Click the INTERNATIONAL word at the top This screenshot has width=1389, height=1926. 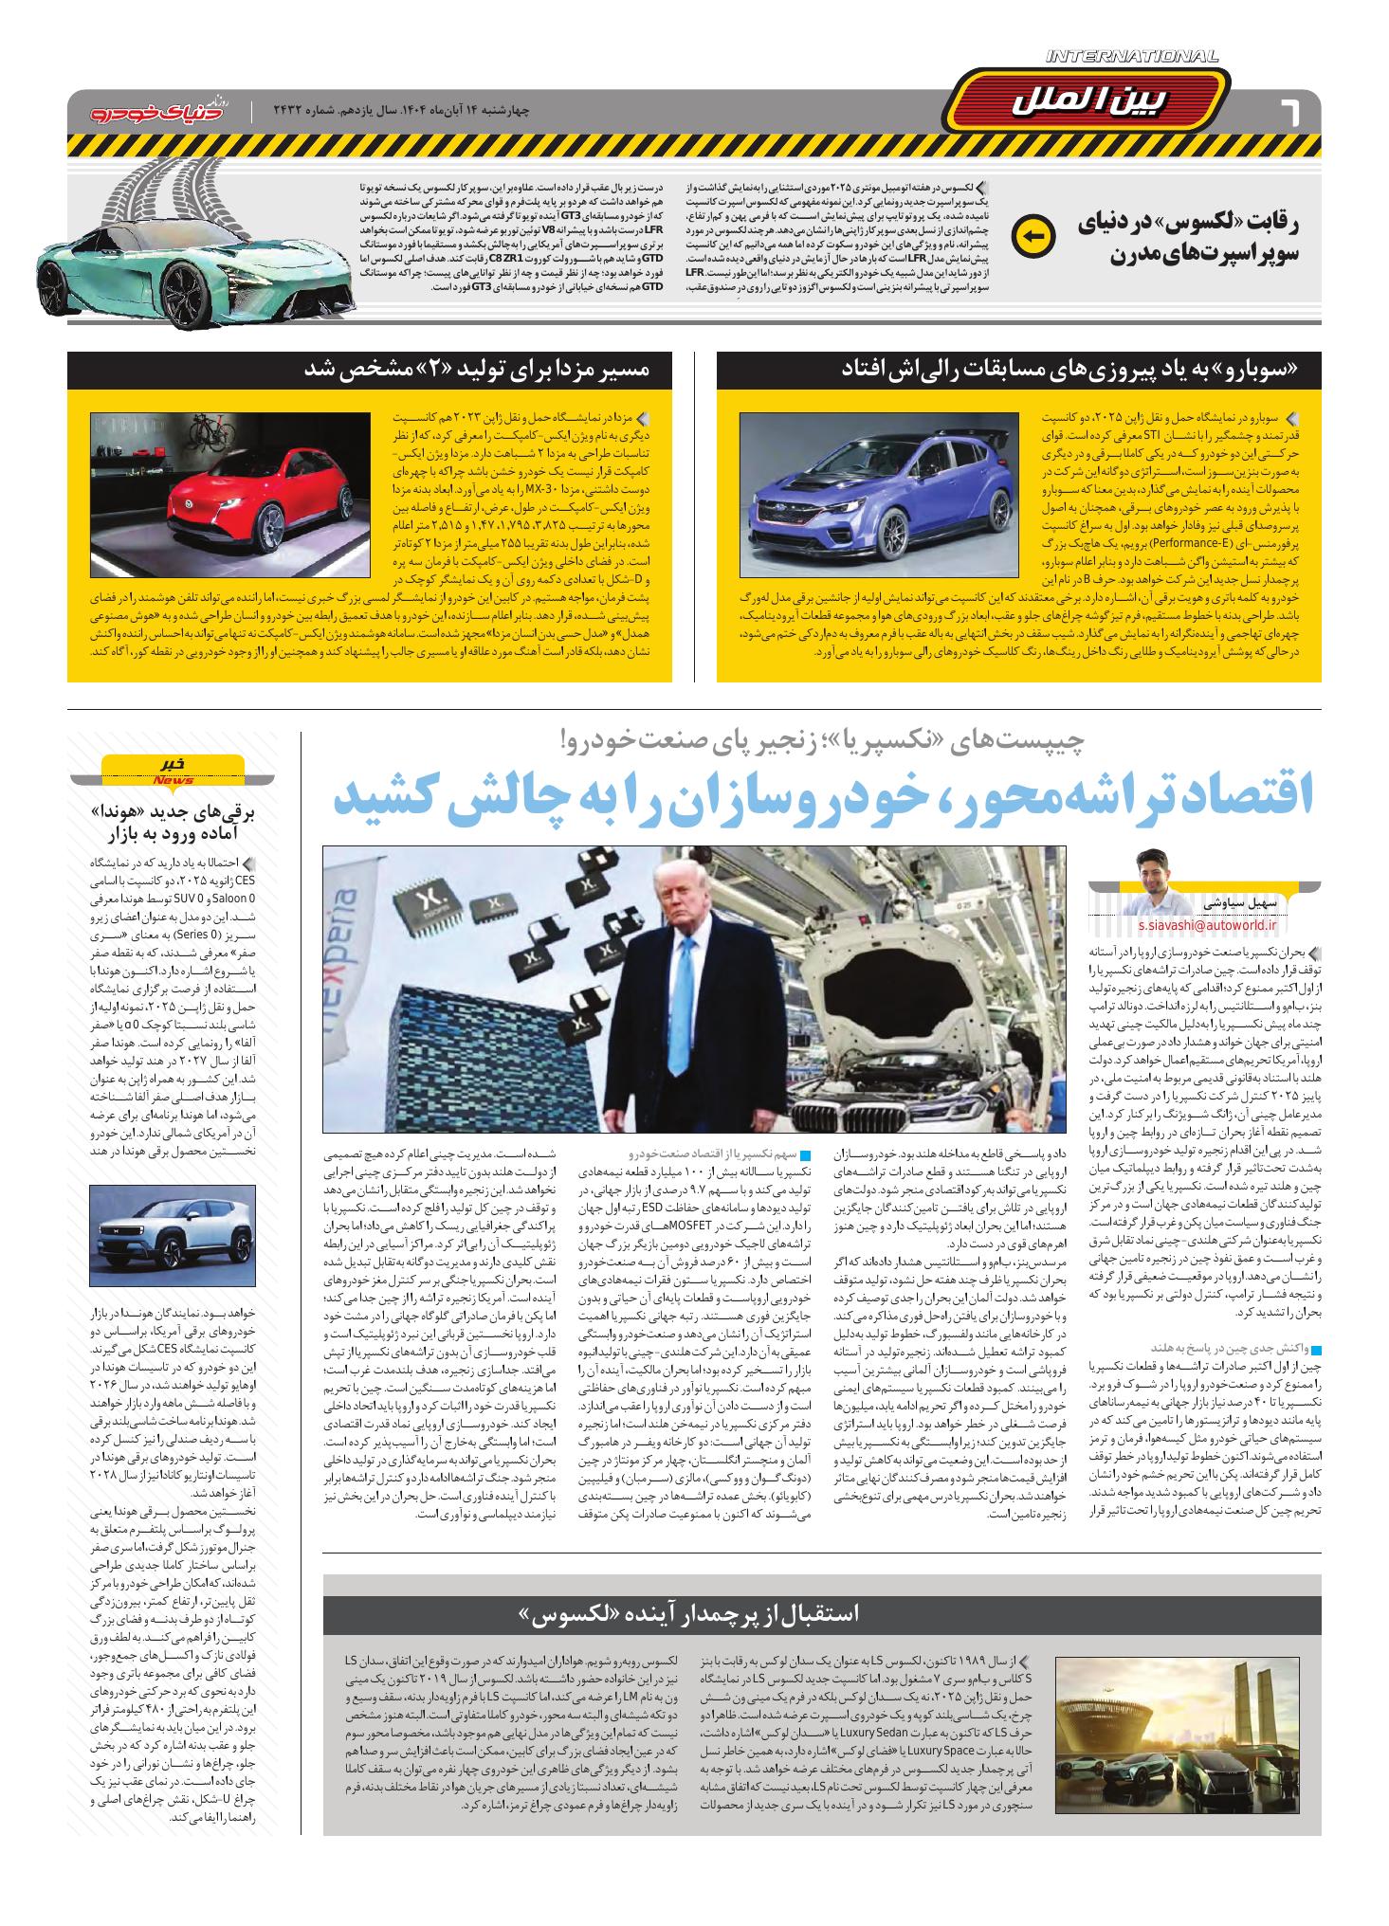tap(1133, 57)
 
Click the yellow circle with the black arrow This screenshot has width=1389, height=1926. tap(1032, 237)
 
